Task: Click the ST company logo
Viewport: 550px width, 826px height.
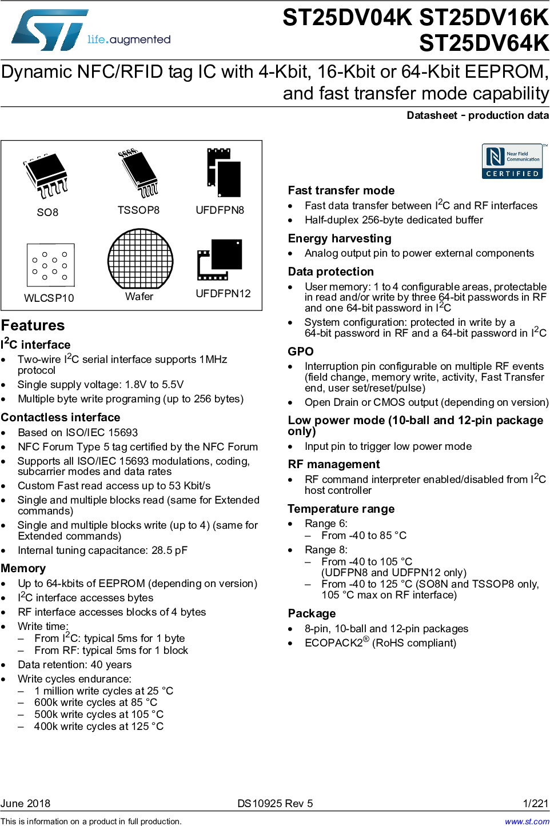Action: [50, 30]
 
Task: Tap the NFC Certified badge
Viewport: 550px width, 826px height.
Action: [512, 161]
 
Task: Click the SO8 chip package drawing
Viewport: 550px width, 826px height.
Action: [46, 175]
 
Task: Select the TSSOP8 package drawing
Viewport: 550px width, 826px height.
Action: [138, 173]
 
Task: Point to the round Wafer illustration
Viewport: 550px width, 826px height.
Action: [140, 259]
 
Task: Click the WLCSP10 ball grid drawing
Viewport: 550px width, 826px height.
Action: [50, 265]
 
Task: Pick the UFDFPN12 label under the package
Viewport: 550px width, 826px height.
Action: [223, 294]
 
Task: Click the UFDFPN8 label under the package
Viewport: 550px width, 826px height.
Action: [220, 210]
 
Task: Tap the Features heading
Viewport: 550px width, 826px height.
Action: [33, 325]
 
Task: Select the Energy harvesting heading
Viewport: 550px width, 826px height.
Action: [340, 238]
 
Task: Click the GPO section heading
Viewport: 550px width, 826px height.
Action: [301, 352]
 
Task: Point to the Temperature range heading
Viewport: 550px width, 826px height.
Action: [341, 509]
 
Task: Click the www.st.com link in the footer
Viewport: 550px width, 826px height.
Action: [527, 821]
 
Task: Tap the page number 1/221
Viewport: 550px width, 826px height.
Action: [535, 804]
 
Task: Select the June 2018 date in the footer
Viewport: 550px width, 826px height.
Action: [25, 804]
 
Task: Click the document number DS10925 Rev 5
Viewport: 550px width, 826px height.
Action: [275, 804]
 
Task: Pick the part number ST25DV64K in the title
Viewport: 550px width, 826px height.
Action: [484, 43]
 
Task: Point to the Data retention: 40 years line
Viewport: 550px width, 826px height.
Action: [75, 665]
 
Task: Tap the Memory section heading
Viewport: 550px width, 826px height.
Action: [23, 568]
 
